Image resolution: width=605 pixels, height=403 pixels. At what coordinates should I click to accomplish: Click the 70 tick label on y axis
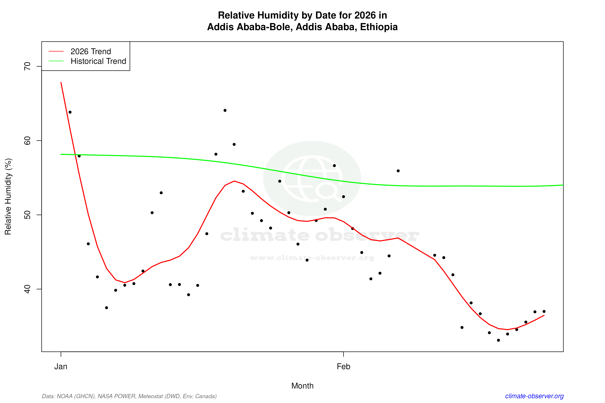[x=27, y=66]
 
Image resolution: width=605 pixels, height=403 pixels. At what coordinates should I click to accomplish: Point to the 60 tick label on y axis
[x=27, y=141]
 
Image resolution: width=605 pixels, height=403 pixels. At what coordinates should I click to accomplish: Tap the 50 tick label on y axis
[x=27, y=215]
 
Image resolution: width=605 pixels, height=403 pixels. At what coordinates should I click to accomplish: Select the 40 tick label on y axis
[x=27, y=289]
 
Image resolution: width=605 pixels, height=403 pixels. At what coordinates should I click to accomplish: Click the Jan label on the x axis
[x=61, y=367]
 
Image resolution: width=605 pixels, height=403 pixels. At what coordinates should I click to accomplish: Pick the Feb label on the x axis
[x=343, y=367]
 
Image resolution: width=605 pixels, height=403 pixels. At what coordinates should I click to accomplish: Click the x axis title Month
[x=302, y=386]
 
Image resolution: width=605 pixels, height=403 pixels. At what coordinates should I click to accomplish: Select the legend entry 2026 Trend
[x=91, y=52]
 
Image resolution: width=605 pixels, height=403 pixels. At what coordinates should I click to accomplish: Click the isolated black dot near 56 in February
[x=398, y=171]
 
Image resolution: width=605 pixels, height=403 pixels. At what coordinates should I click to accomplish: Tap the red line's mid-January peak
[x=234, y=181]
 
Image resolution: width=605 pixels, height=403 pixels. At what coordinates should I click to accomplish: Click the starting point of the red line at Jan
[x=61, y=83]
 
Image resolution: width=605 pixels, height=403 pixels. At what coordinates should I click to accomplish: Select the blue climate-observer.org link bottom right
[x=534, y=396]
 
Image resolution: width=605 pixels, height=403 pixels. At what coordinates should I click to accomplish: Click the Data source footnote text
[x=129, y=396]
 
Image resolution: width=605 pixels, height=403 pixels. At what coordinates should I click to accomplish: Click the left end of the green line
[x=61, y=154]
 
